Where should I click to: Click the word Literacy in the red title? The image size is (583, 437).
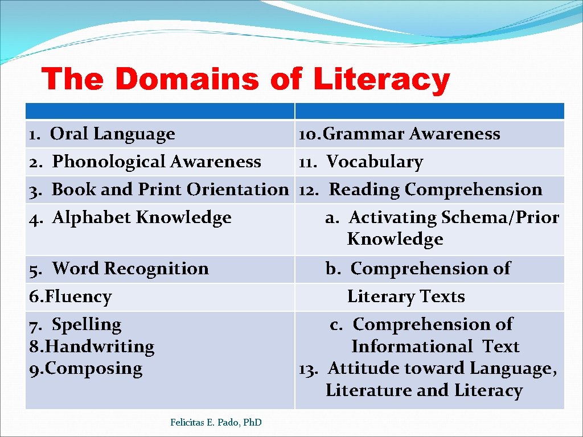381,80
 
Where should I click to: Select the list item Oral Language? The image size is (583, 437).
112,134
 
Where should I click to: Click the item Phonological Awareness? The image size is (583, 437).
156,162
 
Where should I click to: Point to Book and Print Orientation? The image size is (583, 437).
170,189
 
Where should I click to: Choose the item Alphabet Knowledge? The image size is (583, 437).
141,217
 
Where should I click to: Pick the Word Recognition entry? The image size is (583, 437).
130,269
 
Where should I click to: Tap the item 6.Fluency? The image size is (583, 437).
70,296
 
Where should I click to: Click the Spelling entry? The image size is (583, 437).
87,325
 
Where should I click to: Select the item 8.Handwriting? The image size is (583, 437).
92,347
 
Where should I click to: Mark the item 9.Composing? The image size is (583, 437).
85,369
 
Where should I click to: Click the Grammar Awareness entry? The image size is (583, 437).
411,134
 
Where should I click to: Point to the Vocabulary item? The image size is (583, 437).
375,162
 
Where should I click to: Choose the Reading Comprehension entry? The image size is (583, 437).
436,189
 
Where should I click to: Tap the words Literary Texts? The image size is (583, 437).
406,296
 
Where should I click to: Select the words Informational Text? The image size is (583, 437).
435,347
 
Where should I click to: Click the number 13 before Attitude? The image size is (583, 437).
308,369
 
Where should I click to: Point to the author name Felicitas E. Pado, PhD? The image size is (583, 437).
216,422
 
